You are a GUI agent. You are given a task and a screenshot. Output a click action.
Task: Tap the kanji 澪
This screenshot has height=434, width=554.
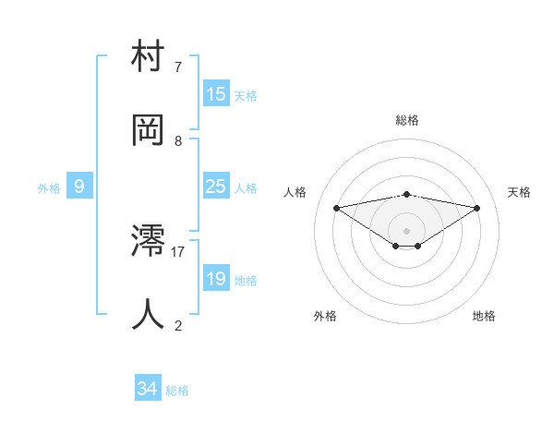[149, 242]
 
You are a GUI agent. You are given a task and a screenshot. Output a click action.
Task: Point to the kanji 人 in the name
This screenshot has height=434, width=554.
[149, 314]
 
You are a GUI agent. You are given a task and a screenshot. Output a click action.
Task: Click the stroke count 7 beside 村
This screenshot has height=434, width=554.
[178, 67]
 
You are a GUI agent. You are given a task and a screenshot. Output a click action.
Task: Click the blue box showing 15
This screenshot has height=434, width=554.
[216, 94]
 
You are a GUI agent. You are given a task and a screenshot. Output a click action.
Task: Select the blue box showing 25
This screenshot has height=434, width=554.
[216, 187]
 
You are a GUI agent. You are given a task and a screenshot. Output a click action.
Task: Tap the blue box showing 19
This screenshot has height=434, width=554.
[216, 279]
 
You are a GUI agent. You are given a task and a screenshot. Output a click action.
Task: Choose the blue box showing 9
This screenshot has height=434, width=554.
[79, 187]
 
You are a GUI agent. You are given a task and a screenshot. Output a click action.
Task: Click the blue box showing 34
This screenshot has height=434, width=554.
[148, 390]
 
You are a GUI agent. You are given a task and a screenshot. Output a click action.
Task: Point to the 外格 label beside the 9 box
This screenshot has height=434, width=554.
[49, 188]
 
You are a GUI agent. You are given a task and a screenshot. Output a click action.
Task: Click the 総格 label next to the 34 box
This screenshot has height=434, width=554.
[177, 391]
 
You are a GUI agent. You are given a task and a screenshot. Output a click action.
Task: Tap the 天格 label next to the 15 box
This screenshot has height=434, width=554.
[246, 95]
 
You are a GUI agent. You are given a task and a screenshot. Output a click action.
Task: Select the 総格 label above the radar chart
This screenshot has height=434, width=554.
[407, 120]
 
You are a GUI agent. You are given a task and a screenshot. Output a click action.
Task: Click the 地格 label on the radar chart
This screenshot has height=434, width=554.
[484, 316]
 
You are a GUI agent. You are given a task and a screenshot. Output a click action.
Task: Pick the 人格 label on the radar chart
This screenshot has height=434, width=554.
[295, 192]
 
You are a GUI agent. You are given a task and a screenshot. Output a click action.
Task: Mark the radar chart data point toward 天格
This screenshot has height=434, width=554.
[477, 208]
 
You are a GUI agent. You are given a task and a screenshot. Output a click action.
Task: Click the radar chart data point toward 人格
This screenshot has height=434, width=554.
[337, 207]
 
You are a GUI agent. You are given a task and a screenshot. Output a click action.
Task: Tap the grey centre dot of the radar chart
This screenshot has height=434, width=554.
[407, 230]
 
